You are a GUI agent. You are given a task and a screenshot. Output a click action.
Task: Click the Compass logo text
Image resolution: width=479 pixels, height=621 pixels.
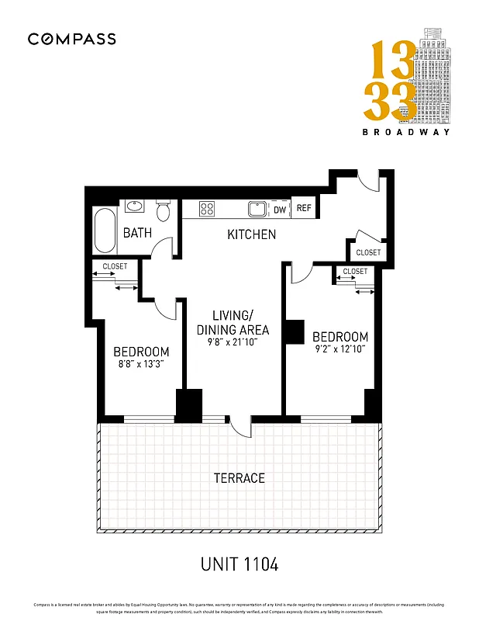click(x=72, y=39)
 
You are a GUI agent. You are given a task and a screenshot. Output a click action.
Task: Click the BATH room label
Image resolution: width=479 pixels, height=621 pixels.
click(x=137, y=233)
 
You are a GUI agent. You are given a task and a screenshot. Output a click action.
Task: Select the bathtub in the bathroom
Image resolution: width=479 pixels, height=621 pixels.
click(x=105, y=230)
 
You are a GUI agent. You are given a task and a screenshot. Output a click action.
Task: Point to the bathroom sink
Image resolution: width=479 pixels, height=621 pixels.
click(x=135, y=206)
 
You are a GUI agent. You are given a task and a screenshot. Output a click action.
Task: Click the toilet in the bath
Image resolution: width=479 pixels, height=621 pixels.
click(x=163, y=210)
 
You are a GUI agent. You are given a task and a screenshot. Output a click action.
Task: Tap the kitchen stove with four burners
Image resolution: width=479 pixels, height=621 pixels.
click(x=208, y=209)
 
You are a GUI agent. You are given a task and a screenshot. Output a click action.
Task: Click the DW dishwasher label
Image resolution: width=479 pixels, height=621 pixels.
click(x=280, y=209)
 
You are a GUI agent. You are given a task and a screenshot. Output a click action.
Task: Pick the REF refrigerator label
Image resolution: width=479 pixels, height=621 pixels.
click(x=304, y=208)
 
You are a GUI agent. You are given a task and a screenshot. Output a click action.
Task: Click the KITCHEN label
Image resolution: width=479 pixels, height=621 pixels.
click(x=251, y=234)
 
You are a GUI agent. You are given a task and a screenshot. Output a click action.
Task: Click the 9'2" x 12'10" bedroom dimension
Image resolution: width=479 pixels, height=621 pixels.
click(x=339, y=350)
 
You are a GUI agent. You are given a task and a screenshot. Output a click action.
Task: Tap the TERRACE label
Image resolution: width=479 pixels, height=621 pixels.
click(x=239, y=478)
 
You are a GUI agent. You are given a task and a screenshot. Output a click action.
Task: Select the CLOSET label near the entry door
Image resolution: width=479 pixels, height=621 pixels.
click(x=368, y=252)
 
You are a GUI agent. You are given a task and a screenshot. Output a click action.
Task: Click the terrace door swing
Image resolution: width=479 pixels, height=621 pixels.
click(x=241, y=429)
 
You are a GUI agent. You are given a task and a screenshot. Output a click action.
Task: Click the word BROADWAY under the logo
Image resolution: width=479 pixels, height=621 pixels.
click(x=406, y=132)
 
